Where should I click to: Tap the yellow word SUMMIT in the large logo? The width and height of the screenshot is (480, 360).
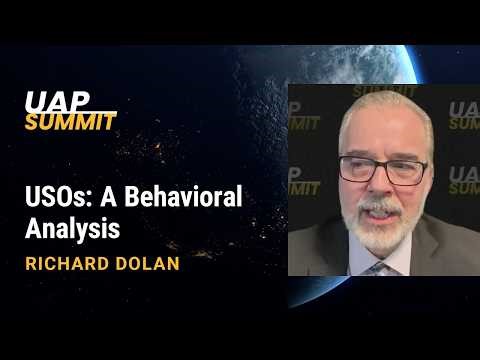71,122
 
